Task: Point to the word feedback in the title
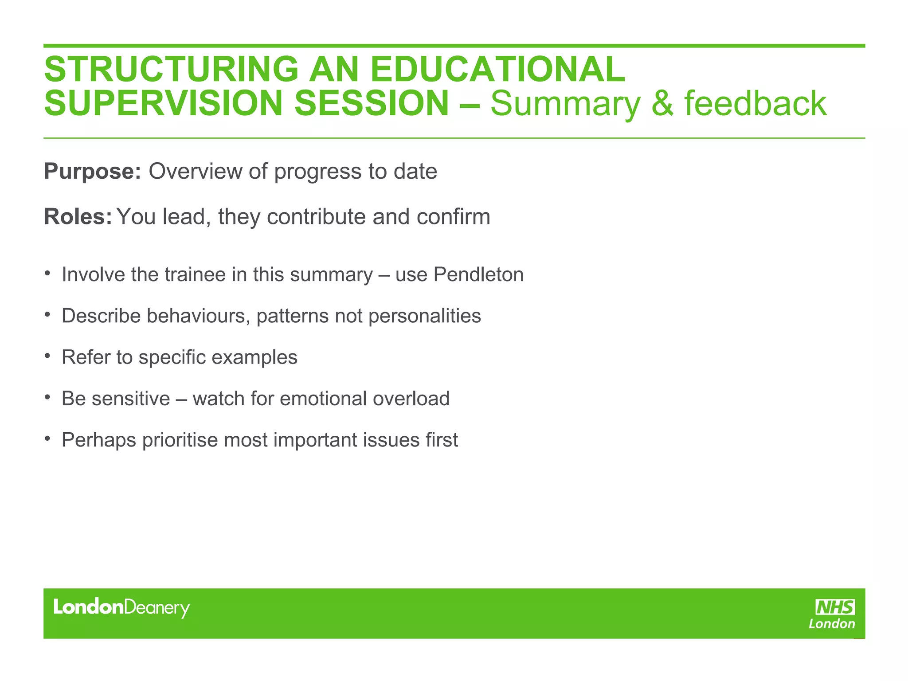(x=755, y=103)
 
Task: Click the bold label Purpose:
(x=92, y=172)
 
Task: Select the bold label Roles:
(x=78, y=217)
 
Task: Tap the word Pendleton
(x=478, y=274)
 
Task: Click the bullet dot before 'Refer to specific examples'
(x=47, y=356)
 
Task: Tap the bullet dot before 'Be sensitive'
(x=47, y=398)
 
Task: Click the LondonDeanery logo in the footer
(x=121, y=607)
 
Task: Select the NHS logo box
(x=835, y=607)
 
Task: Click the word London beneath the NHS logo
(x=832, y=624)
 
